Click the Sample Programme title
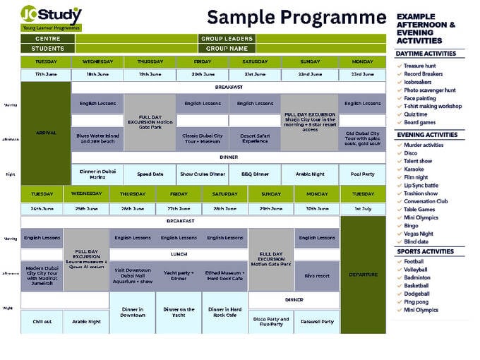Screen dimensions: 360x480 coord(296,16)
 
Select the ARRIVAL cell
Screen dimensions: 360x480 coord(46,133)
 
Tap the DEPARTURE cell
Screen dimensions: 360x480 coord(363,275)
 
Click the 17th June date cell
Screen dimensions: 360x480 coord(46,74)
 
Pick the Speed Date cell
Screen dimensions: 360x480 coord(150,174)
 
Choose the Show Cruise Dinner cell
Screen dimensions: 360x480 coord(202,174)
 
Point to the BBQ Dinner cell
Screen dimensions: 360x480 coord(255,174)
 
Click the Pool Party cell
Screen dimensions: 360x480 coord(362,174)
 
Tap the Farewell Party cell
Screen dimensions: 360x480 coord(317,322)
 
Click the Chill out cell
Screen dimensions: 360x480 coord(42,322)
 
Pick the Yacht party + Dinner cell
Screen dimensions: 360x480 coord(179,275)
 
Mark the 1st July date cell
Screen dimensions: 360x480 coord(363,209)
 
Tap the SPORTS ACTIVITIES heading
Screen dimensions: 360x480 coord(426,251)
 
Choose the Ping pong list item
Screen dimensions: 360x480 coord(419,302)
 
